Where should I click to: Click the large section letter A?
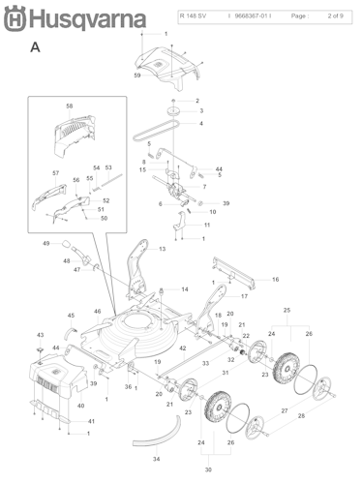(x=35, y=46)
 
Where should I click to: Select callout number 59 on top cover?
(x=137, y=76)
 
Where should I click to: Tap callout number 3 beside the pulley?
(x=200, y=111)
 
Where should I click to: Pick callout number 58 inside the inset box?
(x=69, y=106)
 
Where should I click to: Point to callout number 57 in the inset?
(x=56, y=172)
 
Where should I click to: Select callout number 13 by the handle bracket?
(x=162, y=249)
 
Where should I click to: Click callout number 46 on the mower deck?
(x=97, y=311)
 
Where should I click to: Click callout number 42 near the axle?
(x=182, y=348)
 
